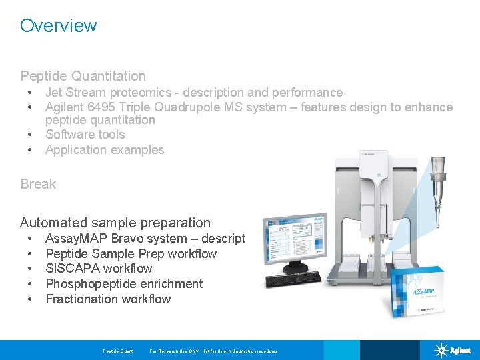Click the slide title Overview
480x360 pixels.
tap(58, 25)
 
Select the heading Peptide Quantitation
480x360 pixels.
tap(83, 76)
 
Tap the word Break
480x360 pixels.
tap(38, 184)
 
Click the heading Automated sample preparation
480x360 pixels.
tap(115, 223)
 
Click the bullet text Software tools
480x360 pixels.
tap(85, 135)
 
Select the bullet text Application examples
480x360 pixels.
tap(105, 150)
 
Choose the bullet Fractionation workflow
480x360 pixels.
tap(108, 299)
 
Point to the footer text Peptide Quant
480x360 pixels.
tap(117, 351)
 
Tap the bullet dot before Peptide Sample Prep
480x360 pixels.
tap(30, 254)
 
